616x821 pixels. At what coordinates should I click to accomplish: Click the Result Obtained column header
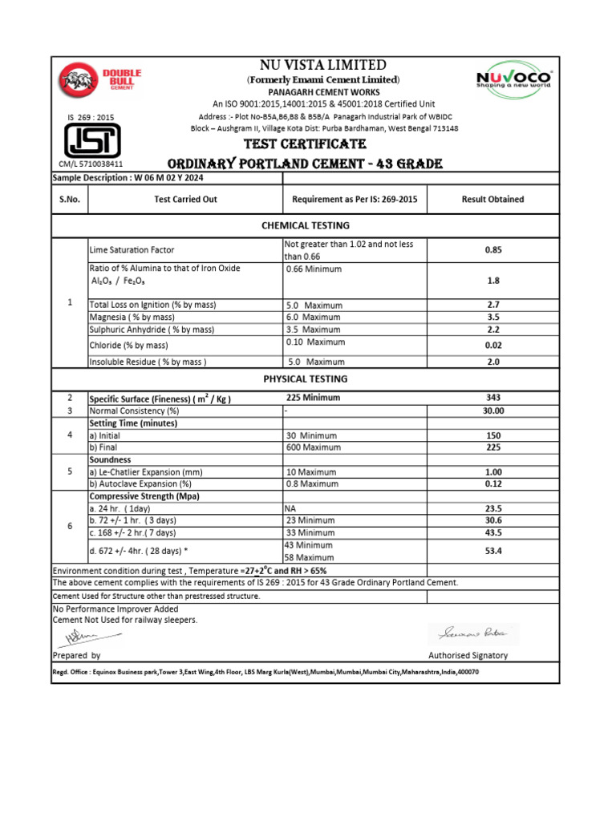(x=492, y=199)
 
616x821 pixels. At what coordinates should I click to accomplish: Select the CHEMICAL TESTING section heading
(x=306, y=225)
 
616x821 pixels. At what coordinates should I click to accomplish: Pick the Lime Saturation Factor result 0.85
(x=492, y=249)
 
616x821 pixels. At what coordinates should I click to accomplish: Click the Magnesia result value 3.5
(x=492, y=317)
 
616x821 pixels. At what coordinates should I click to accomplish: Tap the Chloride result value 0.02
(x=492, y=345)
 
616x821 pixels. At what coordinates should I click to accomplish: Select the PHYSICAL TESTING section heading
(x=306, y=378)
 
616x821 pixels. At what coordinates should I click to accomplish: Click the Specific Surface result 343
(x=492, y=398)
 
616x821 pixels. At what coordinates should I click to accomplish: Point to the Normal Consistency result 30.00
(x=492, y=410)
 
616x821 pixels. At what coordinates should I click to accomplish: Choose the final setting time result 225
(x=492, y=447)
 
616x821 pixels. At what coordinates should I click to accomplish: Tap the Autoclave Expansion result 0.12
(x=492, y=483)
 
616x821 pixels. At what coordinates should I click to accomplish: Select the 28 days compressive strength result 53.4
(x=492, y=551)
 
